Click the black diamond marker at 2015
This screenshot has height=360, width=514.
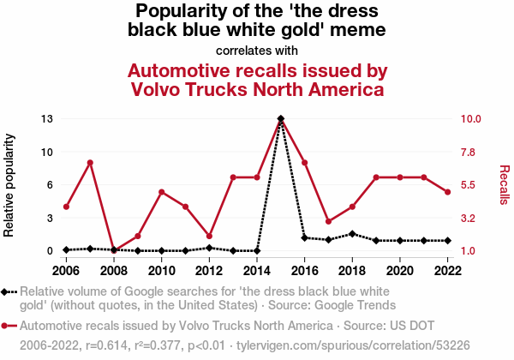point(281,118)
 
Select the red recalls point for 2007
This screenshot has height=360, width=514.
point(90,163)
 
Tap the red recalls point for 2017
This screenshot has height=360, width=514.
point(328,222)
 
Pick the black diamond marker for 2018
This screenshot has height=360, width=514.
point(352,234)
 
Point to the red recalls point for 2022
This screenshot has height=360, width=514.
point(448,192)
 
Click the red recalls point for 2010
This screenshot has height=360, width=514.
point(161,192)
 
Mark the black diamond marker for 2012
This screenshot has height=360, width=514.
point(209,248)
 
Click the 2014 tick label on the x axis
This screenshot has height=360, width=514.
point(257,271)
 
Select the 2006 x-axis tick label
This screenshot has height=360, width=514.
point(66,271)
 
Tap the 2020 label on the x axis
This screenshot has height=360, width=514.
point(400,271)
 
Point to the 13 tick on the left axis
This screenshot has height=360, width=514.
point(47,118)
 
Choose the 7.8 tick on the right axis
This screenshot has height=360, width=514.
point(468,152)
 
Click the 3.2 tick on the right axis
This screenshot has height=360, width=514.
point(468,218)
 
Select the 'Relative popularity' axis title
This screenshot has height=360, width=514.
point(9,185)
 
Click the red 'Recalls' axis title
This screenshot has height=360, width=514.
point(505,185)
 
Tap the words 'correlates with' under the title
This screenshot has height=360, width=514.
point(257,51)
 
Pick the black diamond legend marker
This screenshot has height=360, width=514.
point(4,291)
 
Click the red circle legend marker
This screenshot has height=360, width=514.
point(4,326)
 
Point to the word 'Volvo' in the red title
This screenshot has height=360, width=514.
point(155,89)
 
